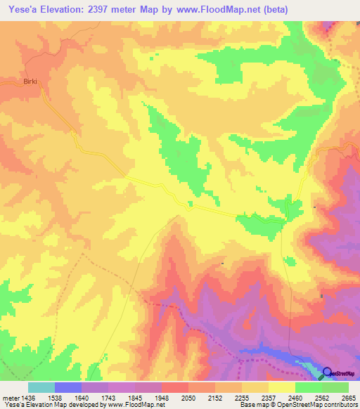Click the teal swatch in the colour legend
coord(41,387)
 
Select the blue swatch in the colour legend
coord(68,387)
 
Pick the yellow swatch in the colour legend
coord(281,387)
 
